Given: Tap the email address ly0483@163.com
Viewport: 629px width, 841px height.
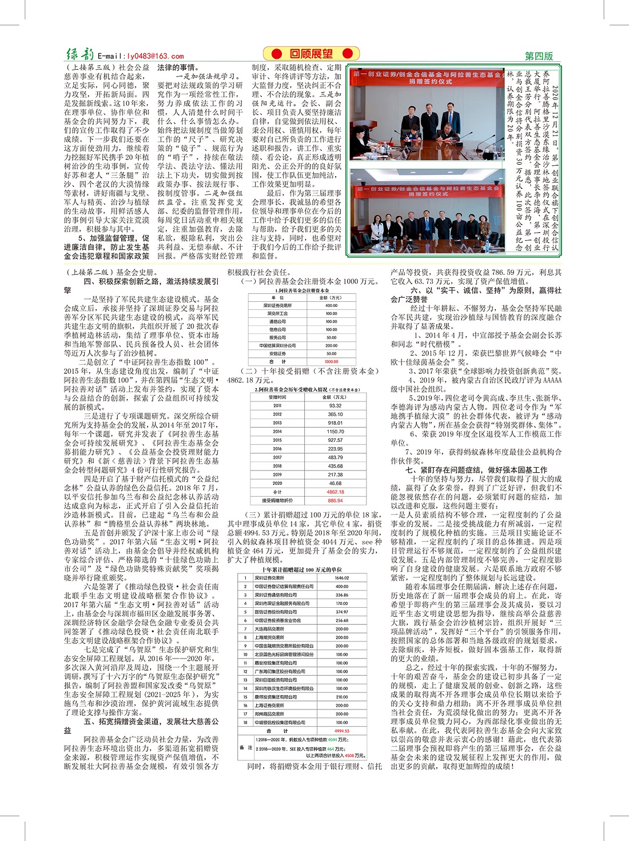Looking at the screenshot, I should [x=141, y=56].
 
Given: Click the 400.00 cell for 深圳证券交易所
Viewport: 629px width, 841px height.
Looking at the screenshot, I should [x=331, y=305].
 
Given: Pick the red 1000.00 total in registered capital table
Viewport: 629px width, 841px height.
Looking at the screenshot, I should [x=331, y=361].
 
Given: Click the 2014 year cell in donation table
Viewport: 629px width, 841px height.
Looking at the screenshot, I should [x=277, y=432].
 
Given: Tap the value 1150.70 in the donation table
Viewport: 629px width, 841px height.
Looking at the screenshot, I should [x=335, y=432].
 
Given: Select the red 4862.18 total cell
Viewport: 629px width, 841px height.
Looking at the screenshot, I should [x=335, y=492].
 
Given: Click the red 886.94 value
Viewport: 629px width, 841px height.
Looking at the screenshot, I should [x=335, y=501].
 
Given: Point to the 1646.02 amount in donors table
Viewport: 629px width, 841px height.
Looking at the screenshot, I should [x=341, y=578].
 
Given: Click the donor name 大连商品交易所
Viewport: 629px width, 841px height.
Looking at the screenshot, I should [x=269, y=629].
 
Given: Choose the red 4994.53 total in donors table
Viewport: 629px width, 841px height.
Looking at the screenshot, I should [x=341, y=731].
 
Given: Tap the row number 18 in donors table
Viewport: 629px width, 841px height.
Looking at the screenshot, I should [x=245, y=722].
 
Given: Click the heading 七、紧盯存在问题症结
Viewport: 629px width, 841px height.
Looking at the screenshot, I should [x=476, y=470].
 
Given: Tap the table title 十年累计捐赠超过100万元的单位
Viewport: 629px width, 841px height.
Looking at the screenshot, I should [x=302, y=569].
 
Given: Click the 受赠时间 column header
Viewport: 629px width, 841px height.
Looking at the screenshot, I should [x=277, y=397].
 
